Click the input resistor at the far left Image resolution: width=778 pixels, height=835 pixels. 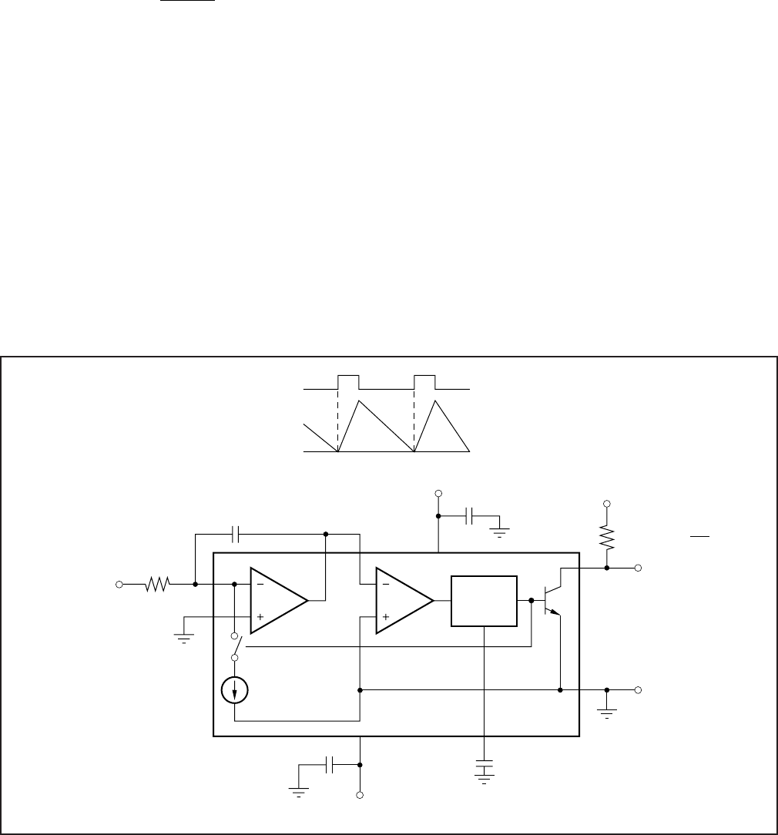click(157, 585)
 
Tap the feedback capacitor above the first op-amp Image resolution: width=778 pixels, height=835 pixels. click(236, 533)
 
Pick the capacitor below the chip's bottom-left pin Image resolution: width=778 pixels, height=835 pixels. click(330, 765)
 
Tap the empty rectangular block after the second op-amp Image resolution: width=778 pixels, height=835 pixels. click(484, 600)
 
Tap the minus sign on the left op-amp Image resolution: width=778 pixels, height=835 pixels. click(260, 585)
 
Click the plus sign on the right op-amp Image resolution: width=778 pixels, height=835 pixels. click(385, 617)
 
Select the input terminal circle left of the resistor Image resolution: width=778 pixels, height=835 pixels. click(119, 585)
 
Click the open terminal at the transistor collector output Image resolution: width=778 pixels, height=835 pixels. click(637, 568)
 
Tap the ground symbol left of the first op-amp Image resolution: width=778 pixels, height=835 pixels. click(184, 636)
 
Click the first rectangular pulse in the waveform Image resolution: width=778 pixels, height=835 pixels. click(348, 383)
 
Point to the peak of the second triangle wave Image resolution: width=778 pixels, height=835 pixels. click(437, 401)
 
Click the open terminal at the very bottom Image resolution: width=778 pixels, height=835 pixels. click(360, 794)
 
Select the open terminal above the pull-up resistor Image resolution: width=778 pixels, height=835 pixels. click(607, 503)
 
